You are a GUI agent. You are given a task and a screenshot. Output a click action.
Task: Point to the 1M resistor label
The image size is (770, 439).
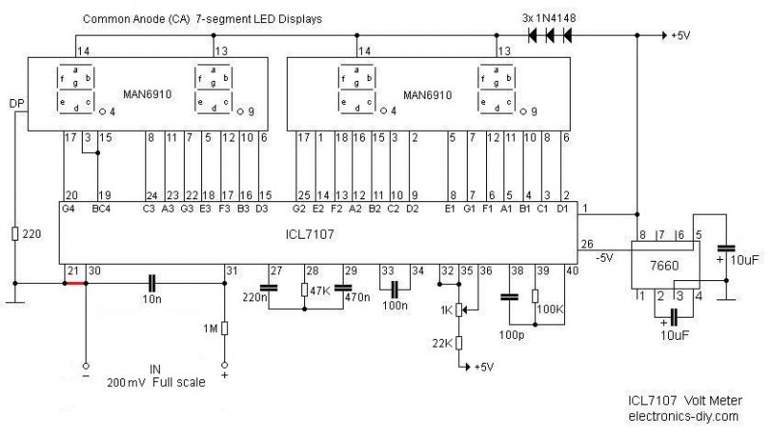point(209,329)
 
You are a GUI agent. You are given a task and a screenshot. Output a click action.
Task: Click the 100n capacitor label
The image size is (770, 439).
point(395,306)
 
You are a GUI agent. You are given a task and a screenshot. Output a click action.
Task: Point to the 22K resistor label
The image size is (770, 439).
point(443,344)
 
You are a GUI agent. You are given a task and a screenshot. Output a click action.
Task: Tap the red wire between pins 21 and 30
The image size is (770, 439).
point(74,283)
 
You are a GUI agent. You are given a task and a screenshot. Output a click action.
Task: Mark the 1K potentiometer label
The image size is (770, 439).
point(445,309)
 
